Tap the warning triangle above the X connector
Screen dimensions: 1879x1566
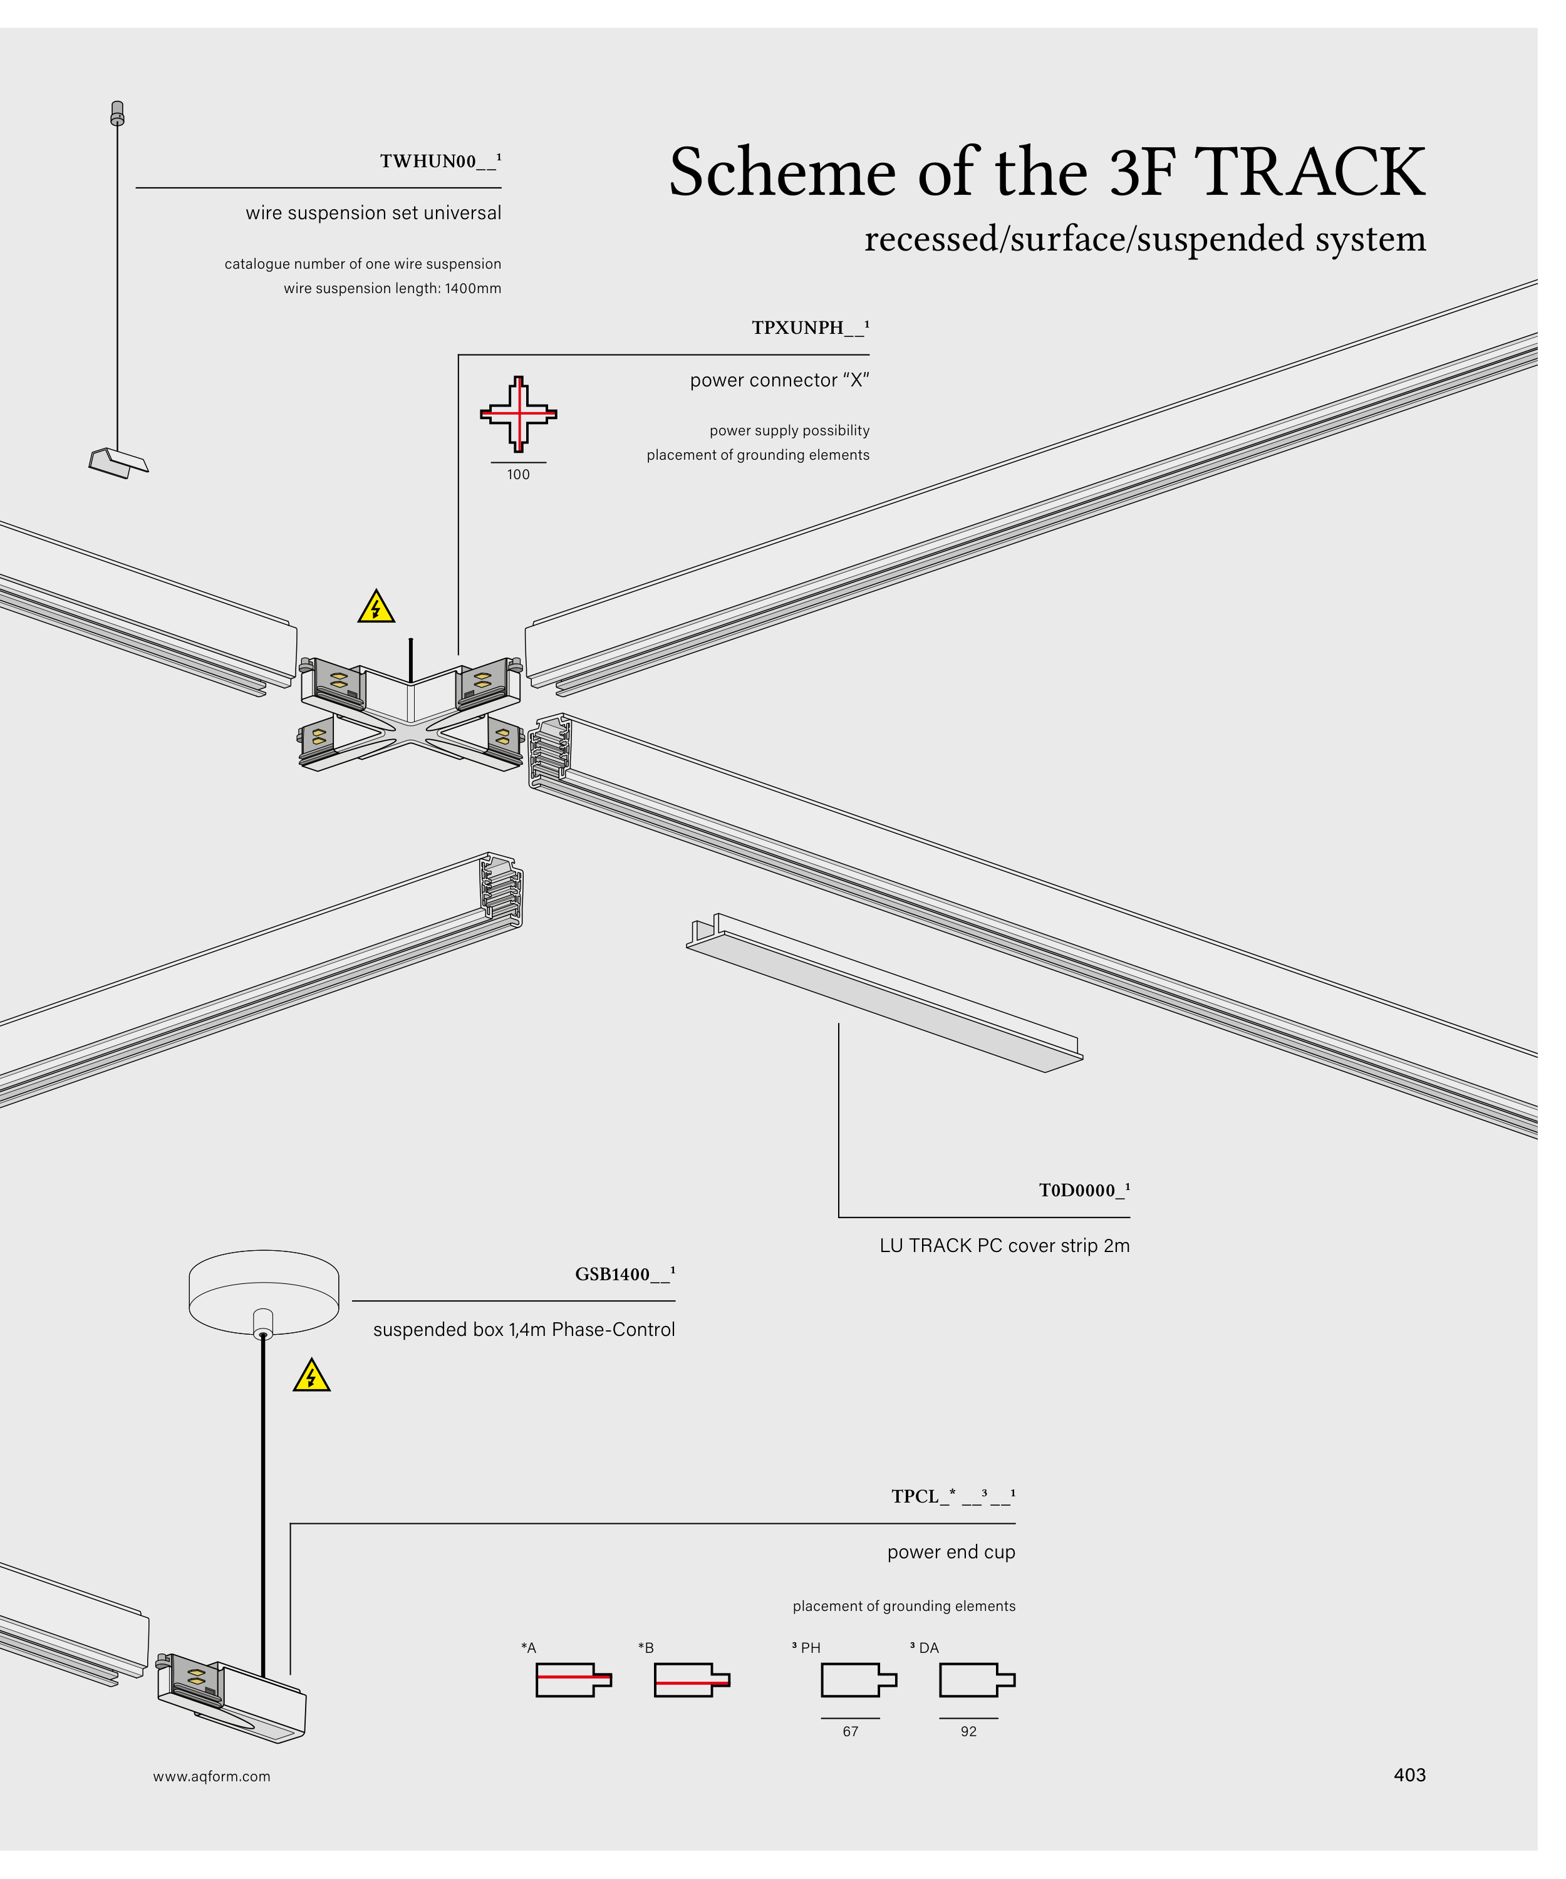click(376, 608)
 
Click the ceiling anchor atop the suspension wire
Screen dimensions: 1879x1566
click(117, 113)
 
